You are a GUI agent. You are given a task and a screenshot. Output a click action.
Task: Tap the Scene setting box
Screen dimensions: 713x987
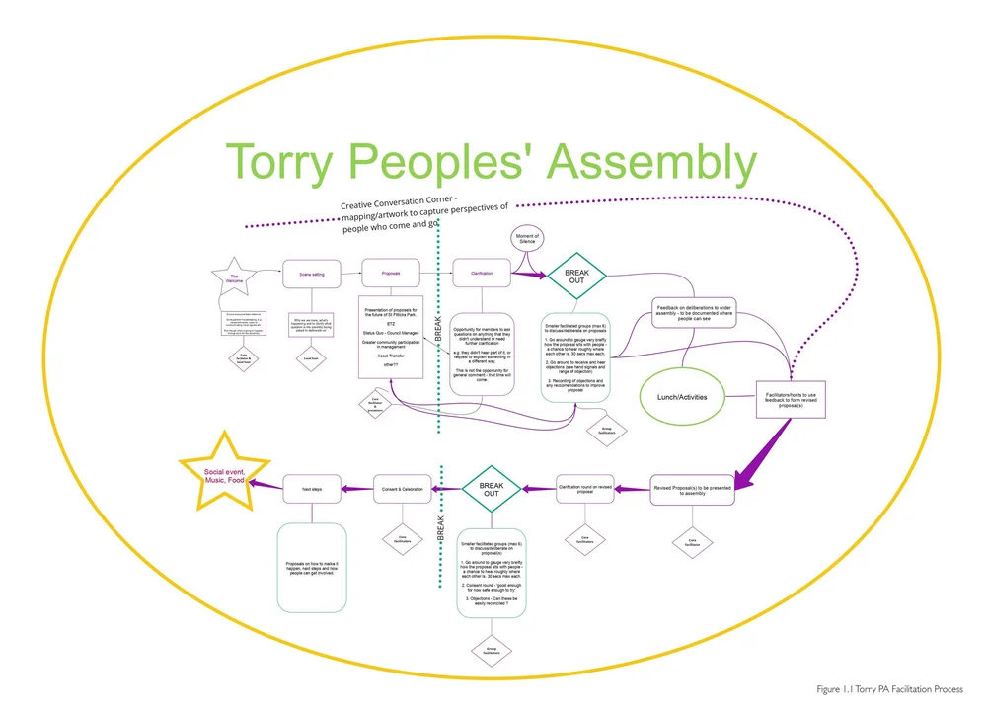(x=311, y=274)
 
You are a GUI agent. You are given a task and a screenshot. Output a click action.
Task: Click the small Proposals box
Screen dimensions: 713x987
(x=390, y=274)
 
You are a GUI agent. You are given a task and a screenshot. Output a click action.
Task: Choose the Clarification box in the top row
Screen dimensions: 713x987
(x=482, y=273)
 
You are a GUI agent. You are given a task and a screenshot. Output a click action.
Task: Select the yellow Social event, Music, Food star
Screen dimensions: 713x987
(x=223, y=471)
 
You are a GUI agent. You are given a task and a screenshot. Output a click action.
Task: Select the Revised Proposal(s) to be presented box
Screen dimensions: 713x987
(x=692, y=489)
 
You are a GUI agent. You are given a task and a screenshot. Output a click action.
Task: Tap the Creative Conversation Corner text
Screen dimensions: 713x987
(x=424, y=214)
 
